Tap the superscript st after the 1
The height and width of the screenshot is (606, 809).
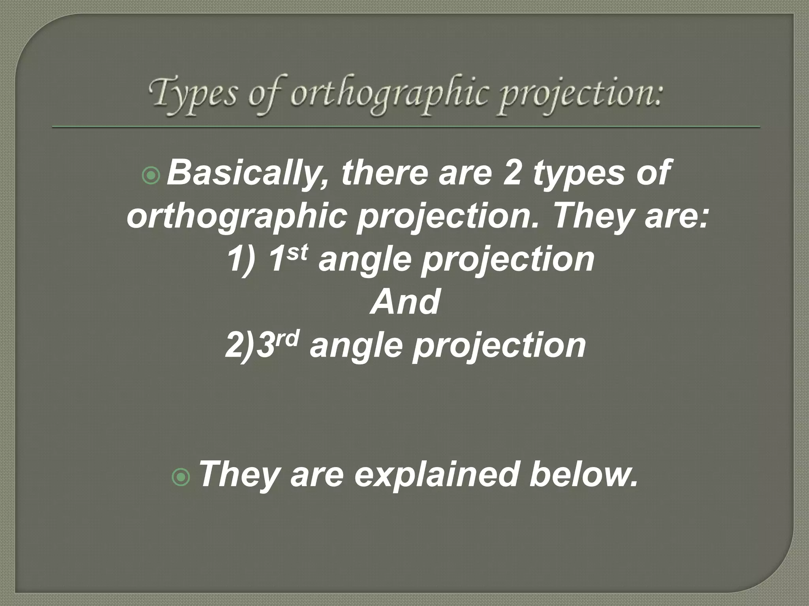pos(297,252)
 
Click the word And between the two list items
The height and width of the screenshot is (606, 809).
pos(405,302)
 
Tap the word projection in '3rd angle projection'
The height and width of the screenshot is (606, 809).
pos(499,346)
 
